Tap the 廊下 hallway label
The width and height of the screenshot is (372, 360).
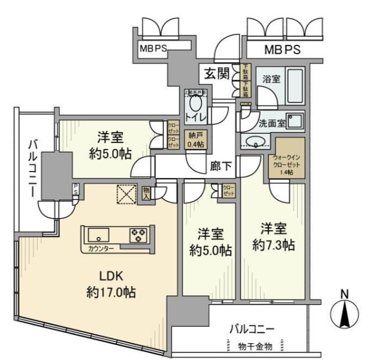point(221,166)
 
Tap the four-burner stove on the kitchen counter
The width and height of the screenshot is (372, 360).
point(138,234)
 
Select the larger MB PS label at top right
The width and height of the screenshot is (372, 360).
point(282,50)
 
